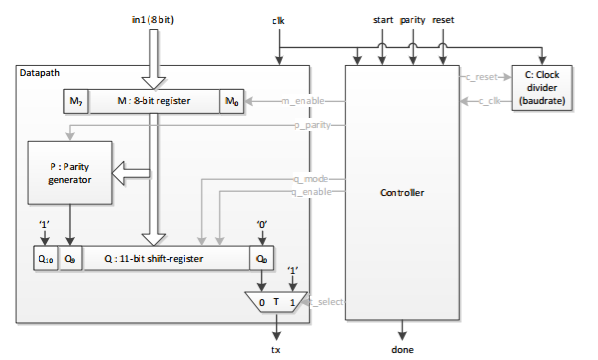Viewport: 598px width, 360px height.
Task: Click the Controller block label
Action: [403, 190]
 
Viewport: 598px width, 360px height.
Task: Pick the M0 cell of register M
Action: [231, 102]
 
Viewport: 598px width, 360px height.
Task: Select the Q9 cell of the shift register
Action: [70, 258]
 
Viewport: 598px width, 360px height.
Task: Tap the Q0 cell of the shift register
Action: [261, 258]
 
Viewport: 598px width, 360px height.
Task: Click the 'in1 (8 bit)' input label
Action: [152, 19]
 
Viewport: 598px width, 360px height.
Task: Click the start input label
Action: [383, 19]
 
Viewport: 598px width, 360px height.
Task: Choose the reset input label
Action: [443, 19]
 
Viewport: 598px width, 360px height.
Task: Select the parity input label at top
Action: [413, 19]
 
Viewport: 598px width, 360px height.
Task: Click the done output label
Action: [403, 349]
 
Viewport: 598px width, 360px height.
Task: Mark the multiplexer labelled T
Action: [276, 302]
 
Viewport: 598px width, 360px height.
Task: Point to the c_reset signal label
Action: [482, 76]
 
